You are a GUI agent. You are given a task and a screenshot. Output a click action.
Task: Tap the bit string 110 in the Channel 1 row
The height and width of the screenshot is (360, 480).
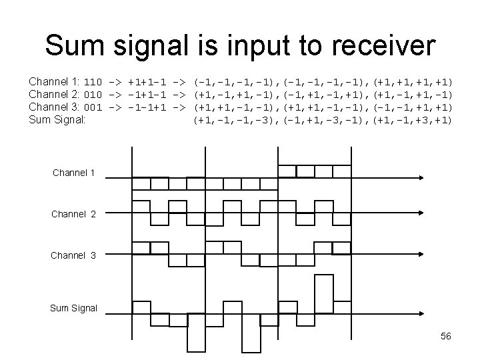pos(93,82)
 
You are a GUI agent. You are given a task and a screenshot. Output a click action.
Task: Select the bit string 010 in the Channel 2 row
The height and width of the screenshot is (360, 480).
pos(93,95)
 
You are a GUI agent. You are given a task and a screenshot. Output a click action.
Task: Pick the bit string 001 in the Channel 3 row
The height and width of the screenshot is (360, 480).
pos(93,107)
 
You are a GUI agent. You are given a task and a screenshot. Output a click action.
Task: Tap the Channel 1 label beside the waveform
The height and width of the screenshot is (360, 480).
pos(74,174)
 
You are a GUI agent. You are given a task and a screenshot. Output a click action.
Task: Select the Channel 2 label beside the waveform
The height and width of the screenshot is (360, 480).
pos(74,214)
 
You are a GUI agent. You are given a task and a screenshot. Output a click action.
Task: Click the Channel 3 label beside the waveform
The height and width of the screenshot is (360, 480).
pos(74,255)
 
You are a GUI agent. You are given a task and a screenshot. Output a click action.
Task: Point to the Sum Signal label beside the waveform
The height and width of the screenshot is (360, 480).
pos(74,308)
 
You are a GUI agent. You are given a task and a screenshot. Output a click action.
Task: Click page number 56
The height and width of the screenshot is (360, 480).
pos(445,336)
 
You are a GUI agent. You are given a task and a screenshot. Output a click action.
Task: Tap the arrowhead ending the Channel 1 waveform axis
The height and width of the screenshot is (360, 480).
pos(421,178)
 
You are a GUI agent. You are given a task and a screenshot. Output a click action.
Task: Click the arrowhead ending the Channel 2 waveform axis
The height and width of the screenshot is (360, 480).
pos(421,214)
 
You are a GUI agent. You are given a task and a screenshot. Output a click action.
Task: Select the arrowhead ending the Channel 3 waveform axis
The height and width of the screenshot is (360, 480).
pos(421,254)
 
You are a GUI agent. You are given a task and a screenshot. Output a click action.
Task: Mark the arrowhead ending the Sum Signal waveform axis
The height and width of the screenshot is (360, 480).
pos(421,314)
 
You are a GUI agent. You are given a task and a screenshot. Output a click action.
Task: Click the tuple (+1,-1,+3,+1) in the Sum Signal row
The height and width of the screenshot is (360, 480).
pos(413,120)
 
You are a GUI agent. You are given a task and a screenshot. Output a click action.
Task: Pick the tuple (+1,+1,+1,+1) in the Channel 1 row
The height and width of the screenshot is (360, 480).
pos(413,82)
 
